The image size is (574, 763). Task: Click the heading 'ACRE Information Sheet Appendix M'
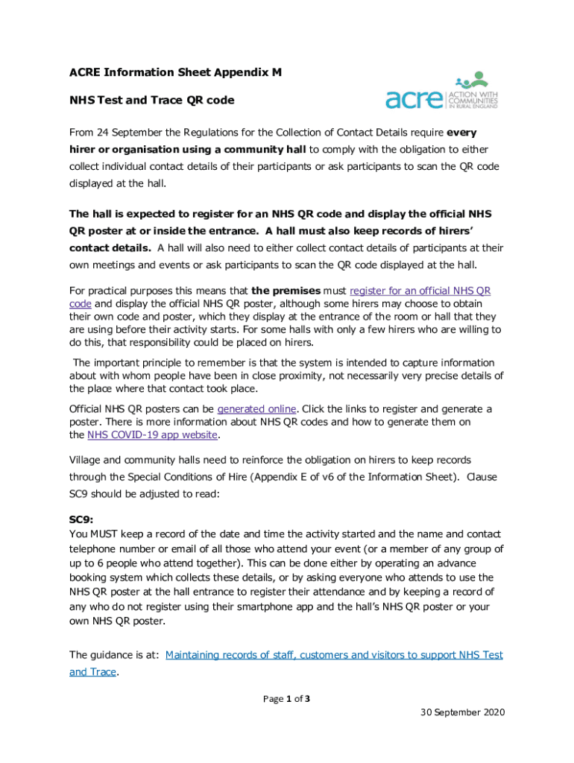(176, 72)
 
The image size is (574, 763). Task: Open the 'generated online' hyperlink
(256, 409)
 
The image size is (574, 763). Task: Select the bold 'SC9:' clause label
(81, 521)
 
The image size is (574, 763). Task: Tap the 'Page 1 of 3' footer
(287, 699)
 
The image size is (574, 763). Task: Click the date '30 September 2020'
(462, 712)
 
